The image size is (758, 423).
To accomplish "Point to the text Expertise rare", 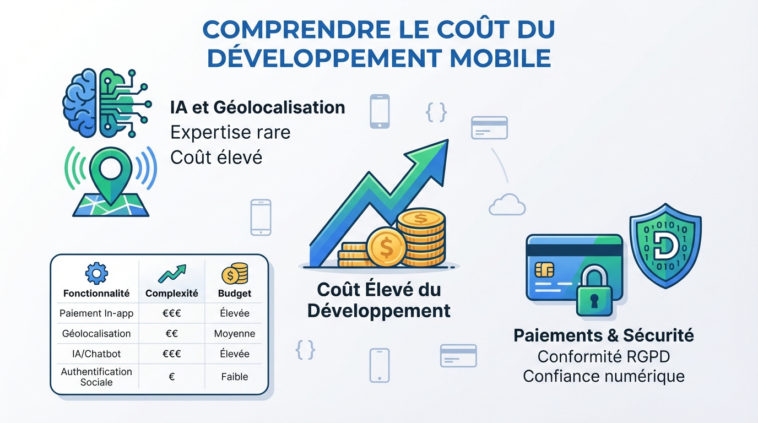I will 230,132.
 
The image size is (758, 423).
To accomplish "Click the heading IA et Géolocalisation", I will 258,107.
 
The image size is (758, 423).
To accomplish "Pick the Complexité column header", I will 171,294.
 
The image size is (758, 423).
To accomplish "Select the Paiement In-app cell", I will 96,313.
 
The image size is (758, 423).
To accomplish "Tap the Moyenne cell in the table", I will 235,334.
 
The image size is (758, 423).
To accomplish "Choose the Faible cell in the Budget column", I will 235,377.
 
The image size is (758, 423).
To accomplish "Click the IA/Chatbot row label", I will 96,354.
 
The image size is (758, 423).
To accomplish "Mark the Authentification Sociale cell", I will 96,377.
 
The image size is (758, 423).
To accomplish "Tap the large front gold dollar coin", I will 386,248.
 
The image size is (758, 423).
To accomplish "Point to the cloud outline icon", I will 507,205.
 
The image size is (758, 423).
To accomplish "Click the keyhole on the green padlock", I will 594,301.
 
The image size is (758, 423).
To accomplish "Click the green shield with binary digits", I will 665,245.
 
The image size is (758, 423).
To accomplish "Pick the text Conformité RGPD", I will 603,356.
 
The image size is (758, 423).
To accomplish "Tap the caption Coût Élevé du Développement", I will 379,300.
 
